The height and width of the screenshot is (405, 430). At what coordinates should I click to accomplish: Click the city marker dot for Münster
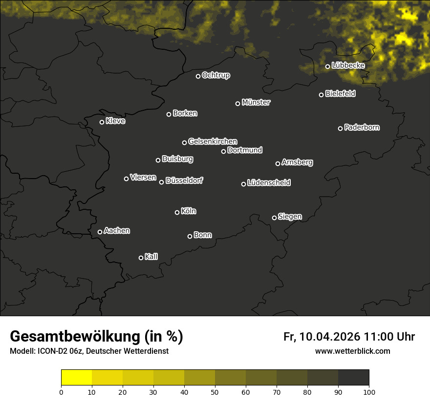pos(238,103)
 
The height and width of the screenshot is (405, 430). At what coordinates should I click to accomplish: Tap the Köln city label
pos(189,211)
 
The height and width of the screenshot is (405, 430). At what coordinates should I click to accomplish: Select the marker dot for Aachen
pos(100,232)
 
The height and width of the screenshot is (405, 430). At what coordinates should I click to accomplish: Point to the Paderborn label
pos(362,127)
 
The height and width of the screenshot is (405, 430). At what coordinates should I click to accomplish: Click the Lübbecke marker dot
pos(327,66)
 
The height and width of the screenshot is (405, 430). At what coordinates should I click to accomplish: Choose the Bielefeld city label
pos(340,93)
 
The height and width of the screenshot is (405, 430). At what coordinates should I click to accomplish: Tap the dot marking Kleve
pos(102,122)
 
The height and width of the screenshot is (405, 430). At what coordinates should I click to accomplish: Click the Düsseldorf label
pos(184,181)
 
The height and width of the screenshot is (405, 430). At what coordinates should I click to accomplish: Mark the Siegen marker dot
pos(274,218)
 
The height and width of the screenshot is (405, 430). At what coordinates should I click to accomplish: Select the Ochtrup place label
pos(216,75)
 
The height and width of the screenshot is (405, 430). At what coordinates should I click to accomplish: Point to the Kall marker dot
pos(141,258)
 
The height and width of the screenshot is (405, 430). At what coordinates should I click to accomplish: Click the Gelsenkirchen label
pos(213,142)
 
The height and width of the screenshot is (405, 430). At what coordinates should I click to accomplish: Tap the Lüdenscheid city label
pos(269,183)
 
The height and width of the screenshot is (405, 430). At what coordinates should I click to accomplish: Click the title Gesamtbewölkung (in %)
pos(96,337)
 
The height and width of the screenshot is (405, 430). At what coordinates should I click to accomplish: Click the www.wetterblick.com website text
pos(353,351)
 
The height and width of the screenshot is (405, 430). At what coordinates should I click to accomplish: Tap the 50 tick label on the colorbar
pos(215,392)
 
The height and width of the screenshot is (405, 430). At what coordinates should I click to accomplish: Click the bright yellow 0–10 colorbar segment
pos(76,378)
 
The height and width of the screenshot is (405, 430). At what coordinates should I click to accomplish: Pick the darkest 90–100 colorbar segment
pos(353,378)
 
